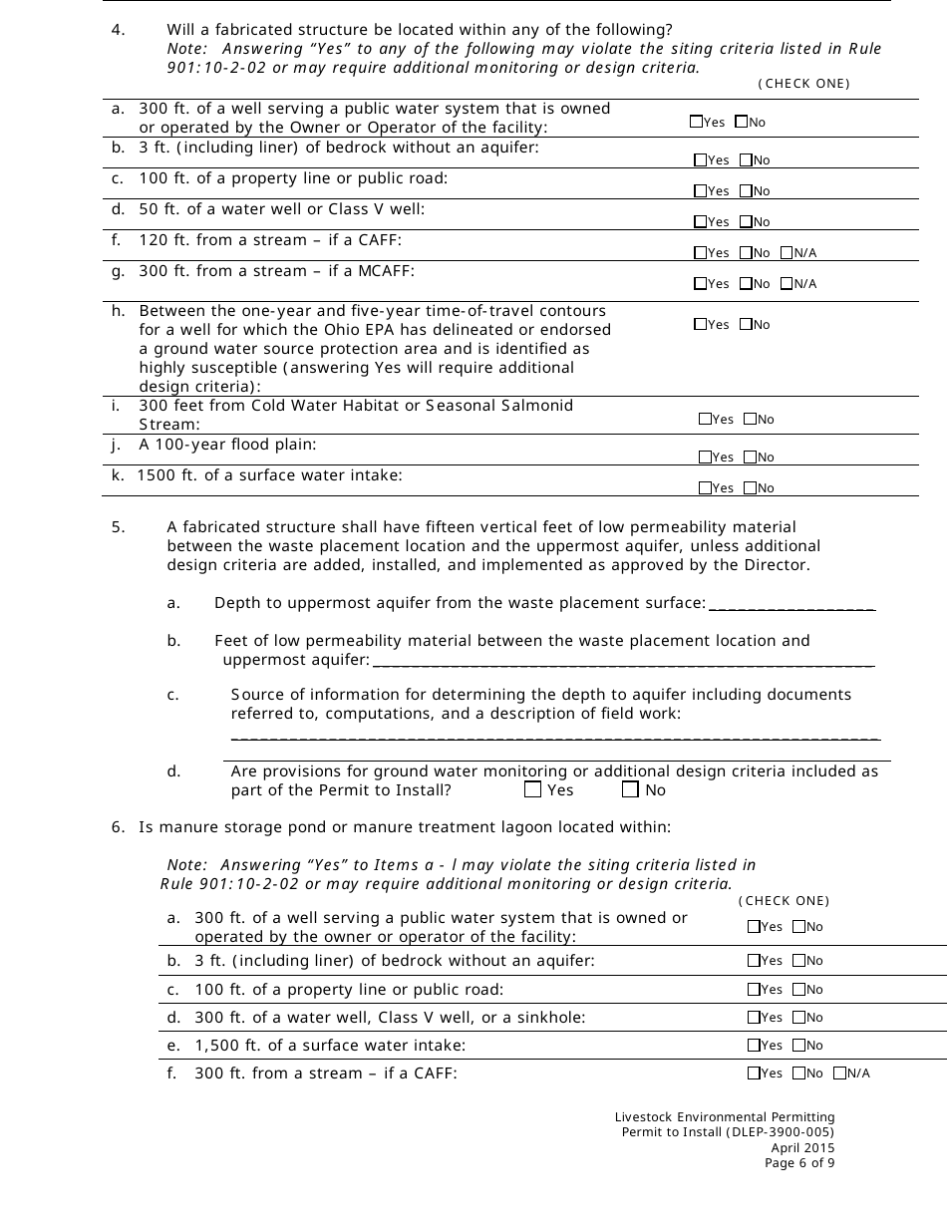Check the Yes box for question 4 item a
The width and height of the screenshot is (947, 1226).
tap(696, 122)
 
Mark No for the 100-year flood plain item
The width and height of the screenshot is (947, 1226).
tap(751, 458)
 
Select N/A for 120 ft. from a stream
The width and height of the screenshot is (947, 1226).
tap(787, 253)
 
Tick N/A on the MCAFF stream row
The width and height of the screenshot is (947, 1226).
tap(787, 284)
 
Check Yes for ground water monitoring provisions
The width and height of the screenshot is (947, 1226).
tap(532, 790)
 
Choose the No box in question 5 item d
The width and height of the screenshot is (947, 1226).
tap(630, 790)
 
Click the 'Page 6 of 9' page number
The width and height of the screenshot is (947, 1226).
tap(799, 1162)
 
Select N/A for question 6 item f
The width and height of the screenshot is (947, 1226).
tap(839, 1073)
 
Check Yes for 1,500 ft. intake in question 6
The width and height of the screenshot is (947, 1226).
tap(754, 1046)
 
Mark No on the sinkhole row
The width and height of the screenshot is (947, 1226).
tap(798, 1018)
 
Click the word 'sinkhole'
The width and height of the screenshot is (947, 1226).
tap(553, 1018)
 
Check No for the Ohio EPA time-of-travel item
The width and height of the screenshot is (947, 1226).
tap(746, 325)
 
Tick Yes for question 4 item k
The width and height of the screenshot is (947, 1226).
tap(705, 488)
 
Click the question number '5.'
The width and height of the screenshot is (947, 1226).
tap(118, 527)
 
